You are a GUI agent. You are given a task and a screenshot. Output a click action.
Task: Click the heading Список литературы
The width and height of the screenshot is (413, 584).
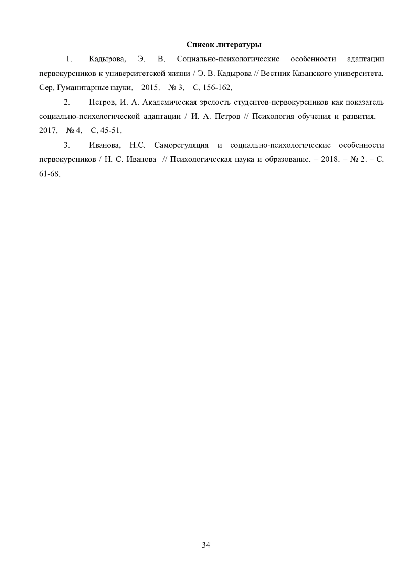click(x=224, y=45)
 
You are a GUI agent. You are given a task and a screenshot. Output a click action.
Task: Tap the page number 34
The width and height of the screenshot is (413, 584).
click(x=206, y=545)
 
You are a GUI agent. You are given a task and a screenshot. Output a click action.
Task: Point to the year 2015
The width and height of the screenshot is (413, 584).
click(x=149, y=88)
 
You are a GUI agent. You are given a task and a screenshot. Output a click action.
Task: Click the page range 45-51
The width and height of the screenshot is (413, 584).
click(x=111, y=131)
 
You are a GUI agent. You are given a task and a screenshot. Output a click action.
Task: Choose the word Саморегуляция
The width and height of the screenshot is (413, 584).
click(x=181, y=145)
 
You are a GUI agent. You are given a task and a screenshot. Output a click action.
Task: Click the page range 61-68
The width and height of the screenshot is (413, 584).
click(x=50, y=174)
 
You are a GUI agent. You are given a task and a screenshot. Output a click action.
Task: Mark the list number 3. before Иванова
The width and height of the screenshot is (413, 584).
click(x=67, y=145)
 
